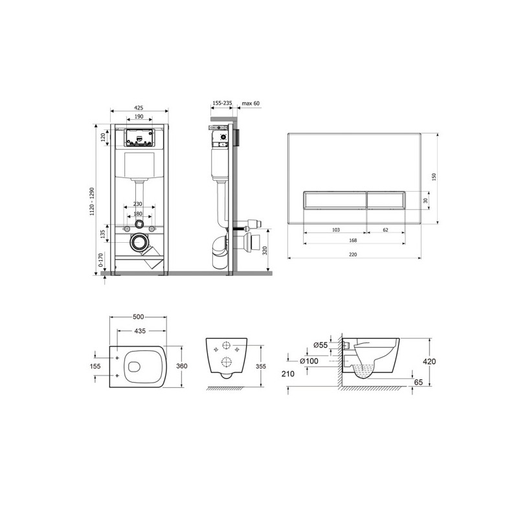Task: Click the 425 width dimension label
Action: tap(139, 107)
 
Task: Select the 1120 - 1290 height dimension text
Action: tap(92, 201)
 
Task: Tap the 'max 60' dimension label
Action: tap(251, 104)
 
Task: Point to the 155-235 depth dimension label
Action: tap(222, 104)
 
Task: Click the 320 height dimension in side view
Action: tap(265, 251)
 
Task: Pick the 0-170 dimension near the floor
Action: tap(101, 260)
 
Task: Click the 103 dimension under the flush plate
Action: tap(335, 230)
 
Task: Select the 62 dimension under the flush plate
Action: tap(385, 230)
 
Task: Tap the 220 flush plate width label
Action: tap(353, 254)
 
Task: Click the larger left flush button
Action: tap(334, 200)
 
